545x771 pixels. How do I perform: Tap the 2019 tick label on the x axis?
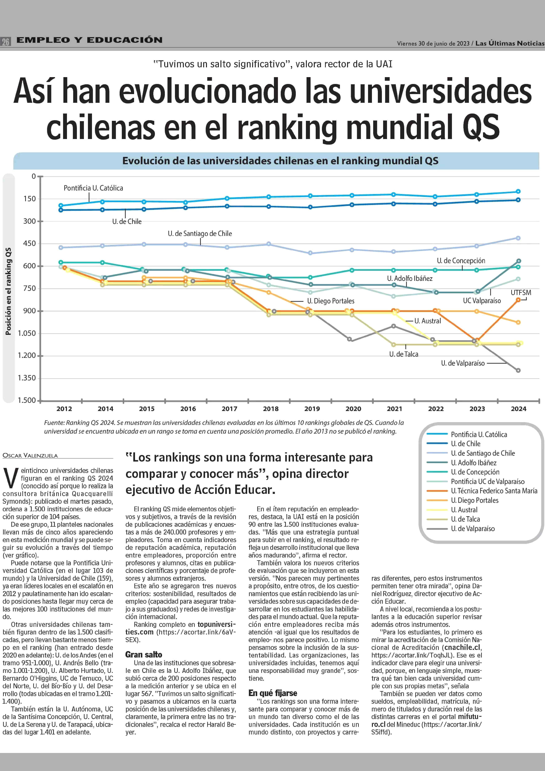tap(312, 409)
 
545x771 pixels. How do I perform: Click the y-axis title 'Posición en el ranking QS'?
tap(8, 291)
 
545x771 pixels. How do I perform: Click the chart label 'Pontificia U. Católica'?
tap(93, 188)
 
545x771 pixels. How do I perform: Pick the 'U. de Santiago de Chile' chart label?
tap(200, 233)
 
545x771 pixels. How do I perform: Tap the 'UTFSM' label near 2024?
tap(521, 293)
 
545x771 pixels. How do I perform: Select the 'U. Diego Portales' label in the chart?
tap(331, 301)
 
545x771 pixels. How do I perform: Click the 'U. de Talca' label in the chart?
tap(404, 354)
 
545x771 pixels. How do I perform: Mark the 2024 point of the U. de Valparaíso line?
tap(518, 371)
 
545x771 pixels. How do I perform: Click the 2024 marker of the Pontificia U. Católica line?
tap(518, 191)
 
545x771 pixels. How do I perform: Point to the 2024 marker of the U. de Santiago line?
tap(518, 238)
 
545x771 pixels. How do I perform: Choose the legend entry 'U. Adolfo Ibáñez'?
tap(474, 463)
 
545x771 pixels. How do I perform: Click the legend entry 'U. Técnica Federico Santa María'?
tap(494, 491)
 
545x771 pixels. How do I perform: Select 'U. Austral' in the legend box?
tap(464, 510)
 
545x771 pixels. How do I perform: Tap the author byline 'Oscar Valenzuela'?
tap(30, 455)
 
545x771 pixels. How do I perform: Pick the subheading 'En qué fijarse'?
tap(273, 693)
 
